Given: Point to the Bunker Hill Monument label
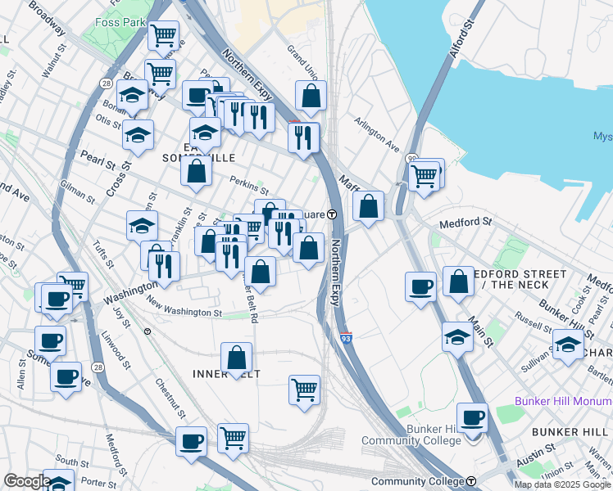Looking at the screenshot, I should [x=563, y=401].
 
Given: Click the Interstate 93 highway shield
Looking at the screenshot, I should [x=347, y=337].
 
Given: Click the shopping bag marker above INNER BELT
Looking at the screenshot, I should [x=236, y=358].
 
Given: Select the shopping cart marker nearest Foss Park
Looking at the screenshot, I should [x=164, y=35].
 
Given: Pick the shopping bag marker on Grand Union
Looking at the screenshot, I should [x=311, y=96].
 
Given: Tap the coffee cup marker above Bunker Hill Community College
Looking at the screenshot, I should [x=472, y=417].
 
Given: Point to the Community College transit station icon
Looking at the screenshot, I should [x=472, y=481].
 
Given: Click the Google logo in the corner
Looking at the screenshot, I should [x=27, y=481].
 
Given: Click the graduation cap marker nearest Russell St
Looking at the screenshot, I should [x=457, y=336].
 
